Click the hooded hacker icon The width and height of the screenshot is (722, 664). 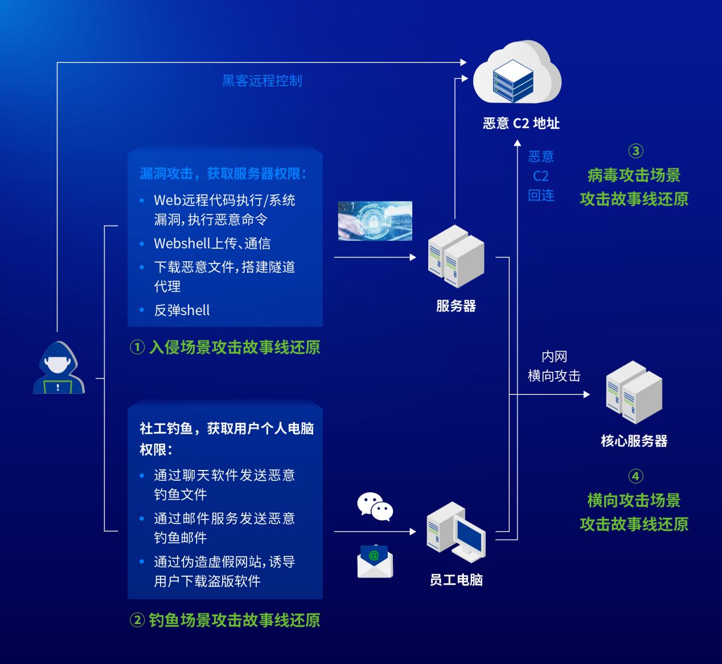pyautogui.click(x=59, y=368)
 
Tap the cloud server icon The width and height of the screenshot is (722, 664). pyautogui.click(x=516, y=74)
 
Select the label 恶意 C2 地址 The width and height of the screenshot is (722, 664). pyautogui.click(x=521, y=123)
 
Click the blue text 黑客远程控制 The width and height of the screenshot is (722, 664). pyautogui.click(x=262, y=81)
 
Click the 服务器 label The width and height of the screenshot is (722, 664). pyautogui.click(x=456, y=306)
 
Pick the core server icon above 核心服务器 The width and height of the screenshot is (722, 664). pyautogui.click(x=633, y=392)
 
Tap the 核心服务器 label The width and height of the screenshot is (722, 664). pyautogui.click(x=634, y=441)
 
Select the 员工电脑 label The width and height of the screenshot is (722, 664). pyautogui.click(x=456, y=580)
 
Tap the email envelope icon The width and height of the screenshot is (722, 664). pyautogui.click(x=375, y=561)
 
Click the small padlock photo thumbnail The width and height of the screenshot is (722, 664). pyautogui.click(x=375, y=221)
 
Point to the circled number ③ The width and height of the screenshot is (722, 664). pyautogui.click(x=635, y=151)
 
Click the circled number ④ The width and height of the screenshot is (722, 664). pyautogui.click(x=635, y=476)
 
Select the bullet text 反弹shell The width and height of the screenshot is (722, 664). pyautogui.click(x=182, y=310)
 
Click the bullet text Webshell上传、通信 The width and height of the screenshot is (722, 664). pyautogui.click(x=212, y=244)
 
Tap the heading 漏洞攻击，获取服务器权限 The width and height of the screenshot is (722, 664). pyautogui.click(x=223, y=173)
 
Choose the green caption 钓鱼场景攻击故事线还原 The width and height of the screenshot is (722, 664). pyautogui.click(x=234, y=620)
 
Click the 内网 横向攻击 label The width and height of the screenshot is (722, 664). pyautogui.click(x=554, y=366)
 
